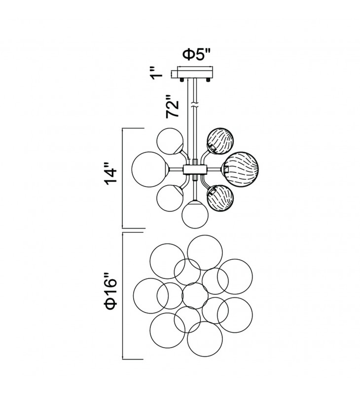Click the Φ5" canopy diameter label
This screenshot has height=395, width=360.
(196, 54)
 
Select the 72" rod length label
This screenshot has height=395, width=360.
(173, 106)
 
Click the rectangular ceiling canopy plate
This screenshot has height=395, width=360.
(195, 73)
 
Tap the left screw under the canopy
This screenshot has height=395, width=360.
(181, 80)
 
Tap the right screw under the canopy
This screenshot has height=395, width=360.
(208, 80)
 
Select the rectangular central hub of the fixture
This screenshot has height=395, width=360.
(195, 170)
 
